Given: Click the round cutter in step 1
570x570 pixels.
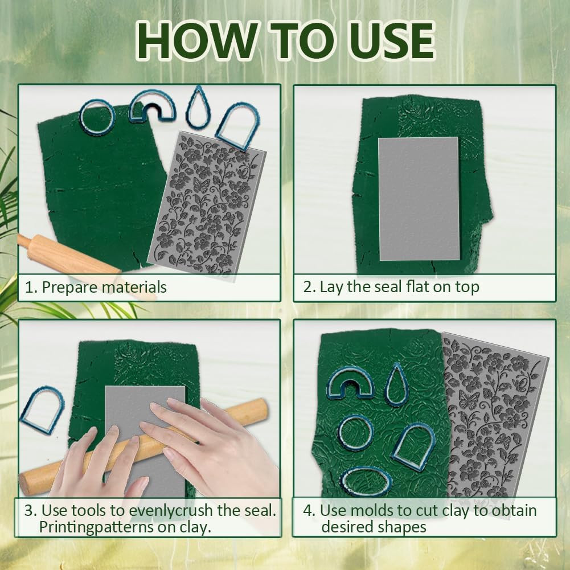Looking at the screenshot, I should (x=97, y=116).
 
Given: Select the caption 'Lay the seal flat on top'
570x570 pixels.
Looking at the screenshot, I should (x=399, y=286).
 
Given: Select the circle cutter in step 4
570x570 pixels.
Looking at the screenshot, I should (x=356, y=432).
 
